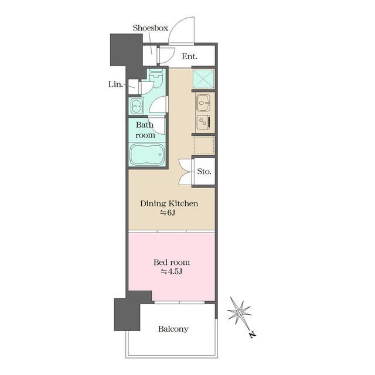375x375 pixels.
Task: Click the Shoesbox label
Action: (151, 28)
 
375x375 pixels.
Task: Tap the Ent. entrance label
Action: (189, 56)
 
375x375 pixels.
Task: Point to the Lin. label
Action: (115, 84)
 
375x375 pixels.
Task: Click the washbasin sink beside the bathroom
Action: (137, 105)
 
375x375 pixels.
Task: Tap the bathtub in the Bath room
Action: (146, 154)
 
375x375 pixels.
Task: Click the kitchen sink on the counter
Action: (203, 103)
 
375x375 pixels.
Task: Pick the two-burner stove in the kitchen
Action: (203, 122)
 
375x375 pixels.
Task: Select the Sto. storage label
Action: (204, 171)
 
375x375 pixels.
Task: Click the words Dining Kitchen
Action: (169, 203)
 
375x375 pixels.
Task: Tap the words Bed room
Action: (172, 262)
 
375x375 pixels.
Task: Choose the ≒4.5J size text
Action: (172, 272)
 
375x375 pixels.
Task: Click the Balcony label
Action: (173, 329)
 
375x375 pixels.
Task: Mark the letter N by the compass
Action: (252, 335)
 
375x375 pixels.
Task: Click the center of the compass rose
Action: (240, 312)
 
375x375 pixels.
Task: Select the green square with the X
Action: (203, 79)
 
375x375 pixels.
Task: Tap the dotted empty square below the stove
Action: (204, 145)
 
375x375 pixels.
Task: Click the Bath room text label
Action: (145, 130)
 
